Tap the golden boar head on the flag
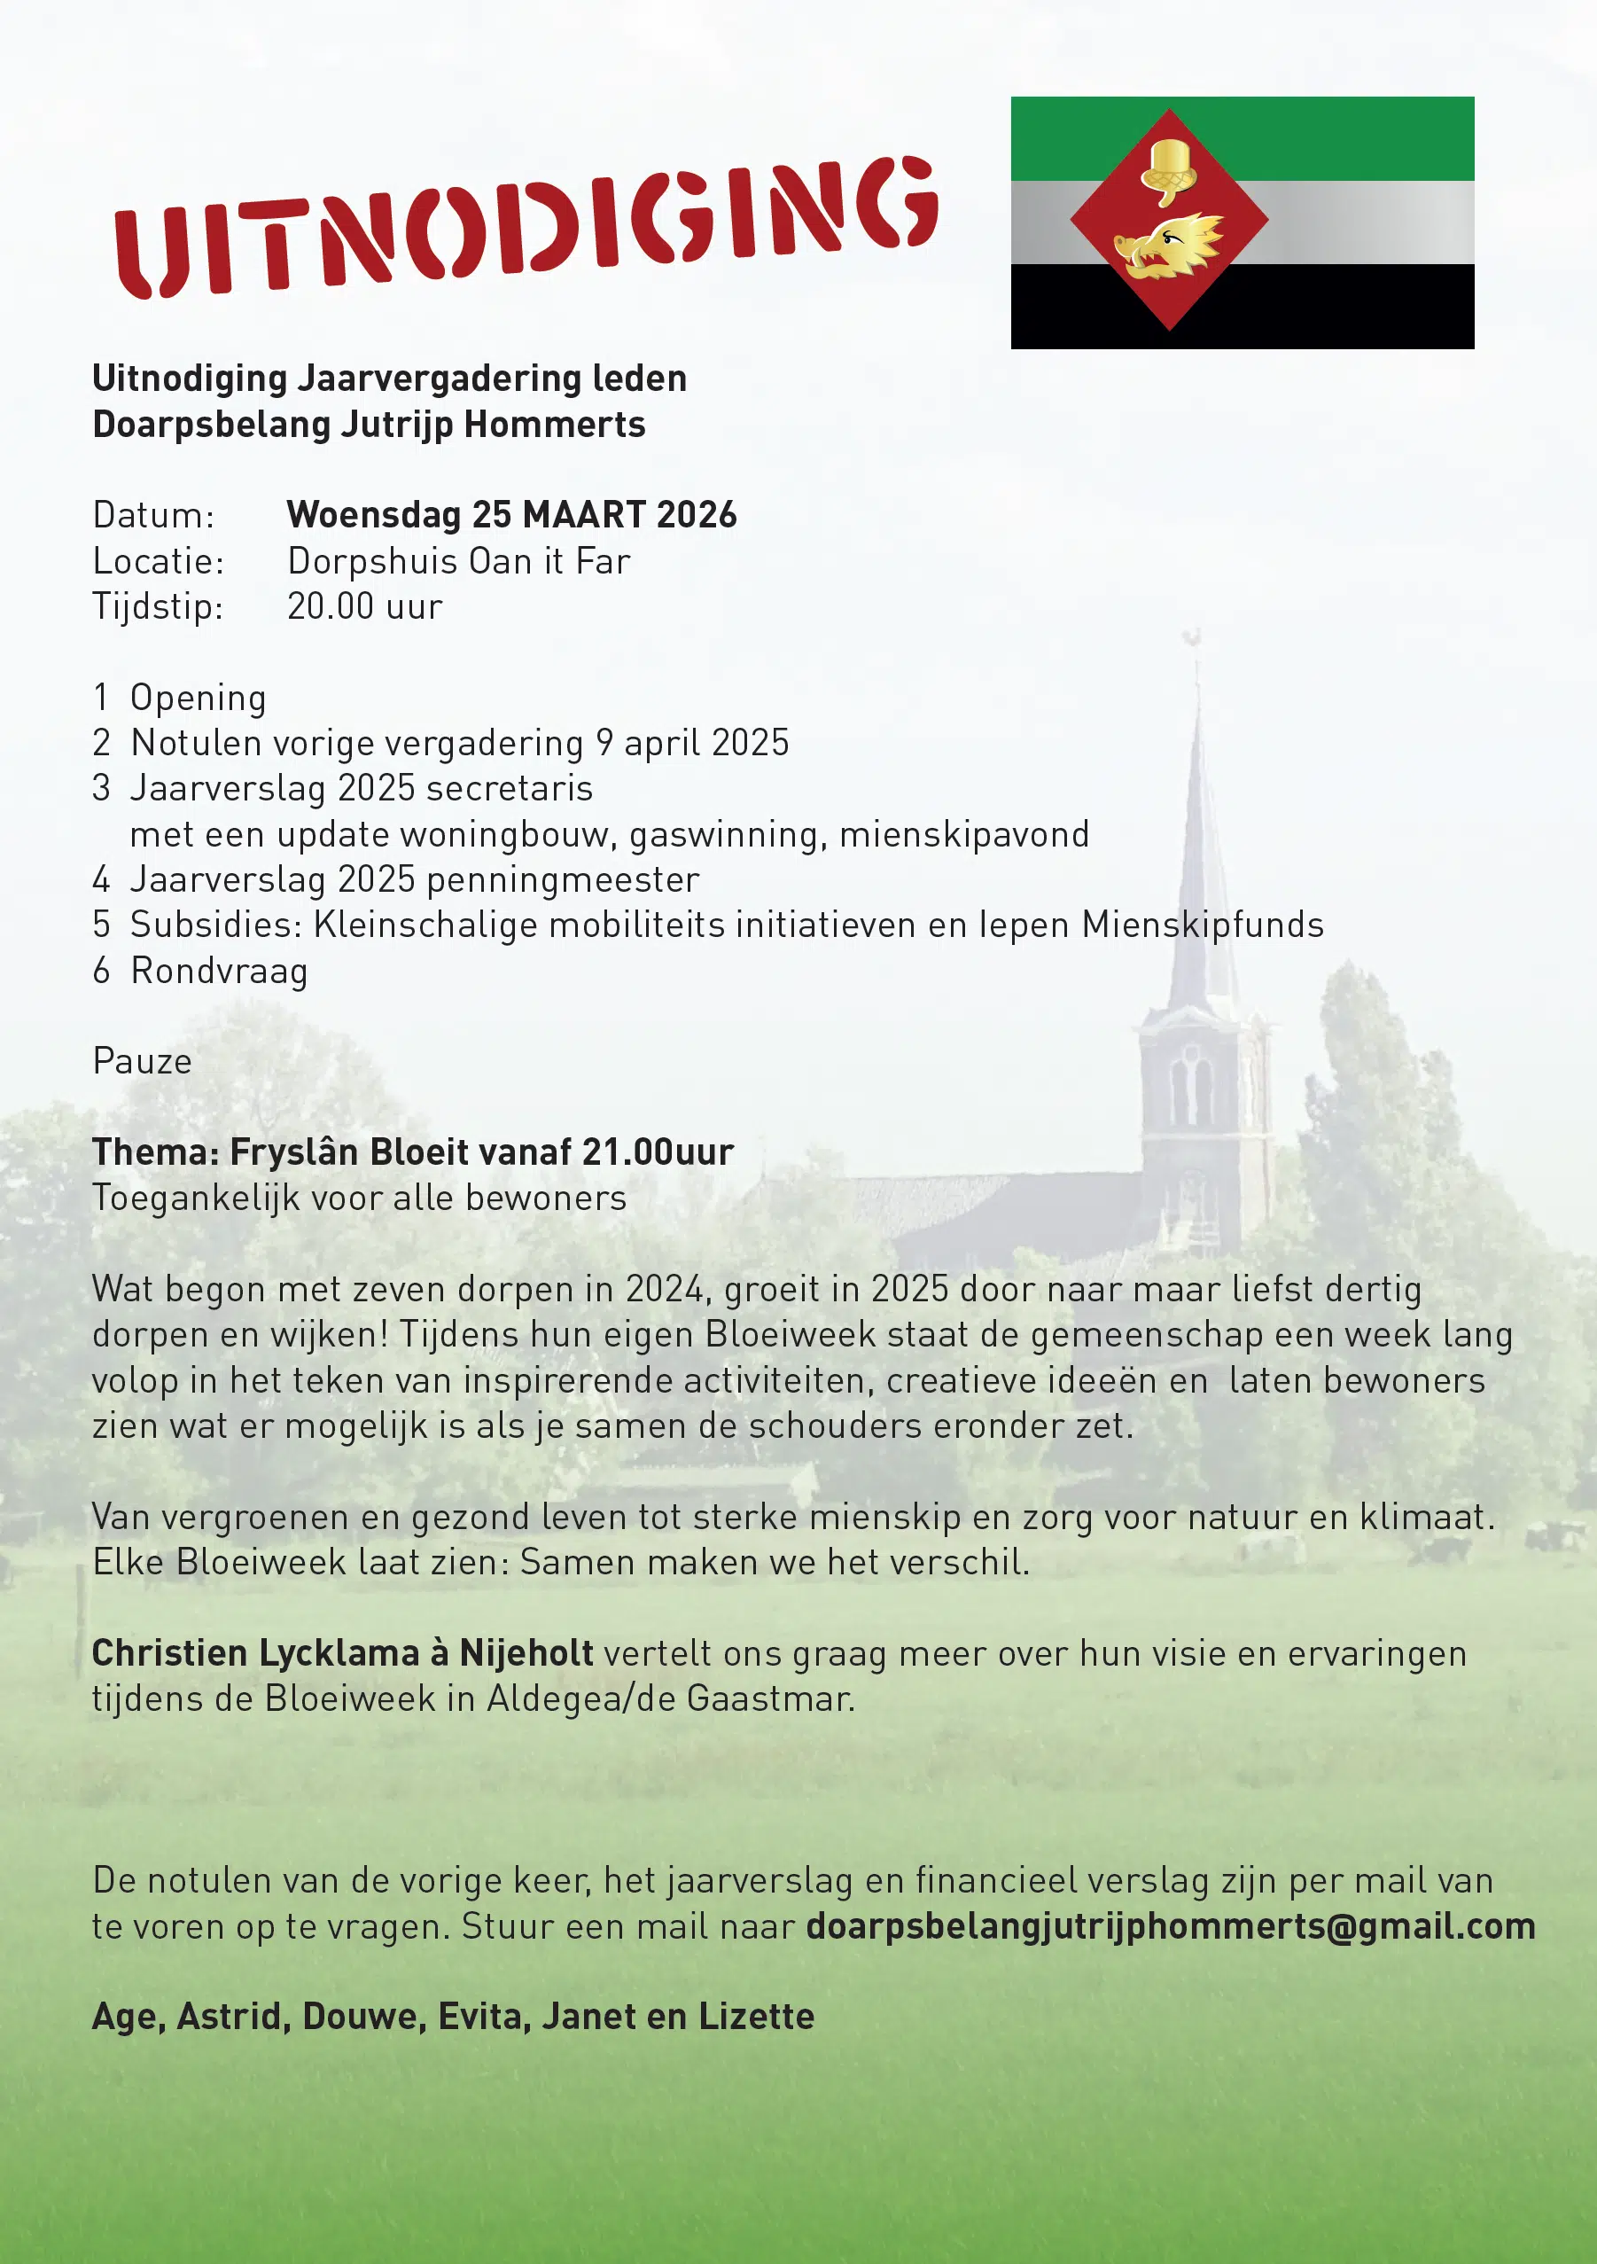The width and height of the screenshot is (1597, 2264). tap(1167, 246)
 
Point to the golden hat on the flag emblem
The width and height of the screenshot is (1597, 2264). tap(1169, 168)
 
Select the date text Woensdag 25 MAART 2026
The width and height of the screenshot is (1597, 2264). tap(511, 515)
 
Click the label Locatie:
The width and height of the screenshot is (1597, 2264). tap(158, 561)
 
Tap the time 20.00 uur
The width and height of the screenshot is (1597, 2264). tap(365, 606)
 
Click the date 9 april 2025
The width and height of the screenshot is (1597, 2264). tap(692, 744)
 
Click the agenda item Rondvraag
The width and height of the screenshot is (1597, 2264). tap(219, 972)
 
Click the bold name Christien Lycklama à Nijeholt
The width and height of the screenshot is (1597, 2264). tap(342, 1653)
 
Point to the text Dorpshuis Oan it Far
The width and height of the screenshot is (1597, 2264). tap(458, 561)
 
